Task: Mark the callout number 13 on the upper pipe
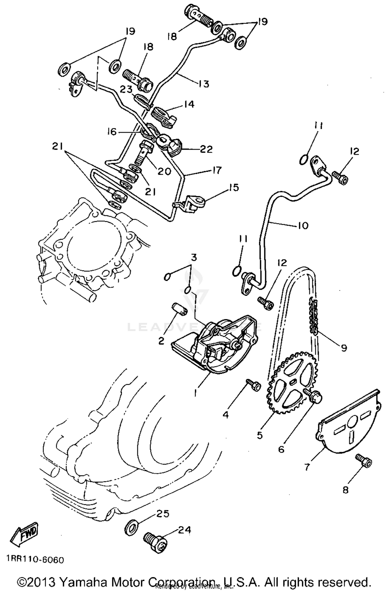coord(204,84)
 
